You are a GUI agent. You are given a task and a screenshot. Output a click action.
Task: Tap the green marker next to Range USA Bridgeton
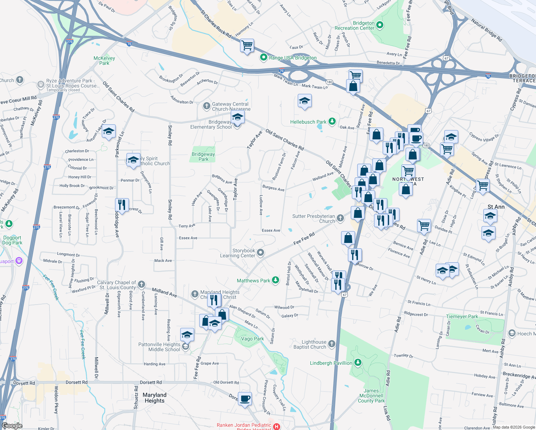(264, 57)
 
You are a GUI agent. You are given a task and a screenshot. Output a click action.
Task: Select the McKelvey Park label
(104, 61)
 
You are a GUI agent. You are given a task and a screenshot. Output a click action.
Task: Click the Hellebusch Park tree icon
(332, 122)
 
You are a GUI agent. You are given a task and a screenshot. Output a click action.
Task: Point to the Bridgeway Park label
(203, 157)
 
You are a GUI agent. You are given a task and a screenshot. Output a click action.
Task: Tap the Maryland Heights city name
(154, 398)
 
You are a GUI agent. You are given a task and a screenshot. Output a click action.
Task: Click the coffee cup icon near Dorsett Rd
(245, 398)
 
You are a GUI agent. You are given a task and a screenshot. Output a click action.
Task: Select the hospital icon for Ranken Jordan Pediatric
(277, 426)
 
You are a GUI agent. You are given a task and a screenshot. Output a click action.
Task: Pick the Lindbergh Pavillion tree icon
(358, 363)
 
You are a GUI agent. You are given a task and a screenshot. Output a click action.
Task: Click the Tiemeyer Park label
(462, 316)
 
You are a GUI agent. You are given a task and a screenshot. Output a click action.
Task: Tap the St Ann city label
(496, 207)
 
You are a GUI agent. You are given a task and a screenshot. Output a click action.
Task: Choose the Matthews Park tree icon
(276, 280)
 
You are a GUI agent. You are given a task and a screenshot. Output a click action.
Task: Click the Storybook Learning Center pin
(261, 253)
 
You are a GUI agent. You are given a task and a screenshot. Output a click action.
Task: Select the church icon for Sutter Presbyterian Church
(340, 218)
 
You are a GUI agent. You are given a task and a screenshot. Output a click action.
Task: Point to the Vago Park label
(252, 339)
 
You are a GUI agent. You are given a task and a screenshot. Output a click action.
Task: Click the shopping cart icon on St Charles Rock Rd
(247, 46)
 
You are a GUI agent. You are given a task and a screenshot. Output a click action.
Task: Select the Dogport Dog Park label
(12, 240)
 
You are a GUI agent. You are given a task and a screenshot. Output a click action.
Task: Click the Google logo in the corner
(12, 426)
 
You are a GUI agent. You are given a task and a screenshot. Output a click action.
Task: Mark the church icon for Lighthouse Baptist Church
(332, 344)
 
